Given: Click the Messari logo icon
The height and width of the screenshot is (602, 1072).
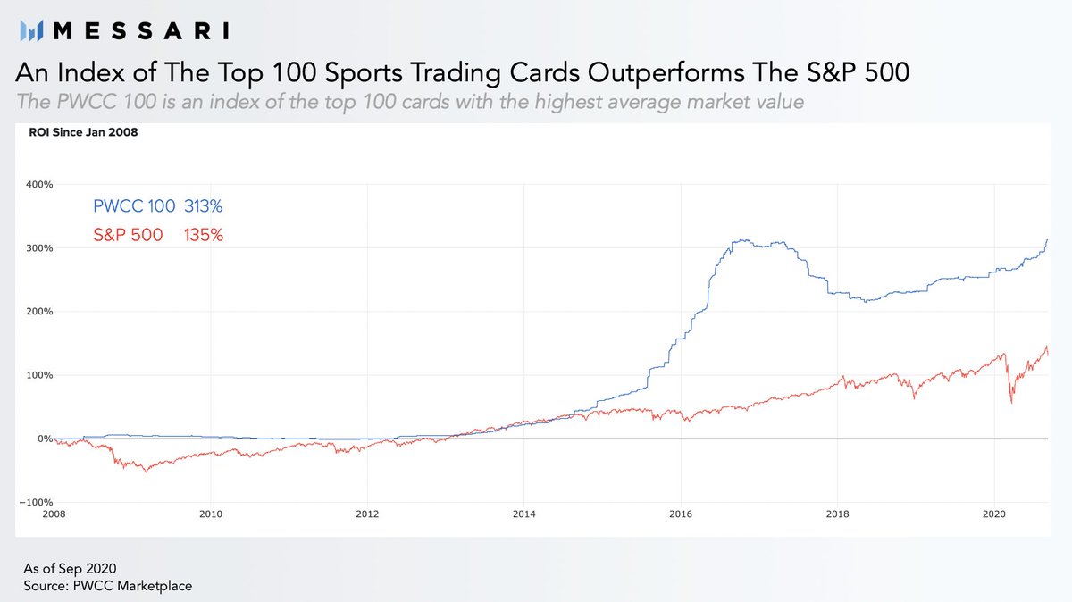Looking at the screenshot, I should pos(32,31).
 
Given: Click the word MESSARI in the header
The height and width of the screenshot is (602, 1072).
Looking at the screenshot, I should pos(141,31).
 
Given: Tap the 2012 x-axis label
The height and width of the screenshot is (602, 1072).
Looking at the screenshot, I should pos(367,514).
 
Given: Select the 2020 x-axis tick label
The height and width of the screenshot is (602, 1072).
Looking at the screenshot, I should pos(994,514).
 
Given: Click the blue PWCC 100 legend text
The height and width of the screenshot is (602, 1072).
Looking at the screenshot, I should pos(134,206).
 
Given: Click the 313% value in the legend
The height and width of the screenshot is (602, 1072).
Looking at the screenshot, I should pos(204,206).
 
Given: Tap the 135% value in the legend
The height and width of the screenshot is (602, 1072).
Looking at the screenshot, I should pos(204,236).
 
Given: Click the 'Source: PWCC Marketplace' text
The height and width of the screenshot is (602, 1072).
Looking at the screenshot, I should pos(107,585).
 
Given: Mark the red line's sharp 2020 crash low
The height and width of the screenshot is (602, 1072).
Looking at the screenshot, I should pos(1011,403).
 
